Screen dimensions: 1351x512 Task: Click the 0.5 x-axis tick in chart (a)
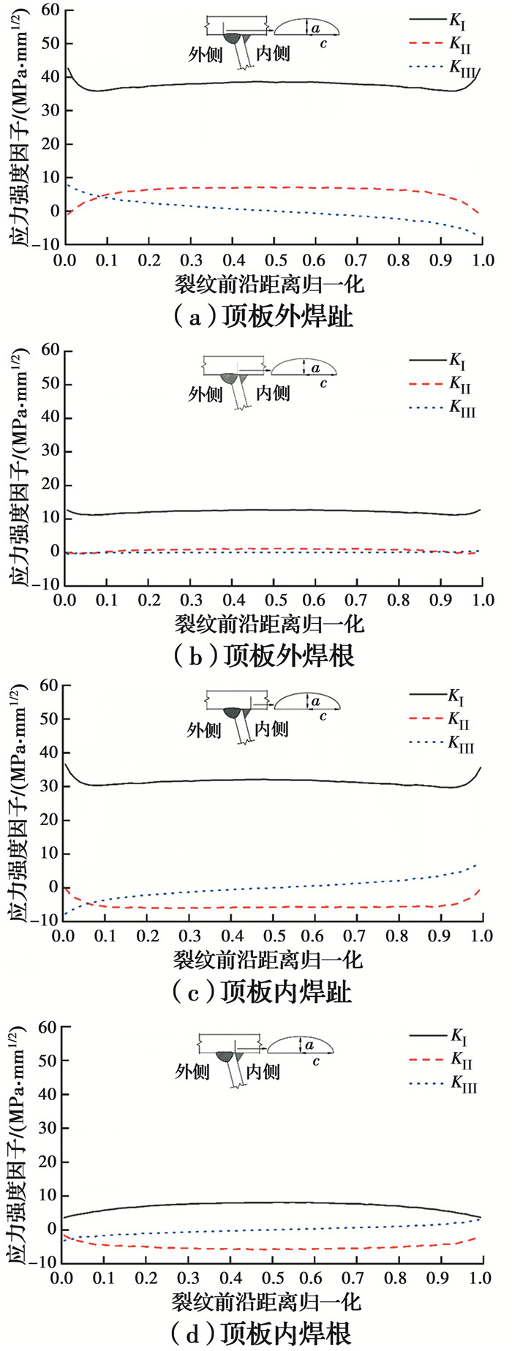coord(274,260)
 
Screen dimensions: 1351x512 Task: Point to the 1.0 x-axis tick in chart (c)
coord(482,936)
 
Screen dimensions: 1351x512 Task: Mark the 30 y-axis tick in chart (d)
coord(48,1128)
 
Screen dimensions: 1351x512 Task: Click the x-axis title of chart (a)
coord(268,285)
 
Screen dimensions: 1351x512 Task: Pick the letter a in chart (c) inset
coord(315,702)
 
